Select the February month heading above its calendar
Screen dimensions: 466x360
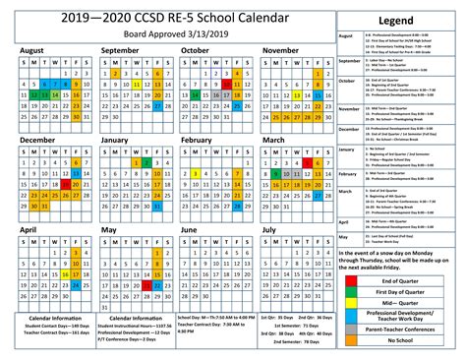198,140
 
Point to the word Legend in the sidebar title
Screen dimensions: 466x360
397,20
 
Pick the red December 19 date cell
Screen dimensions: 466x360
67,183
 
